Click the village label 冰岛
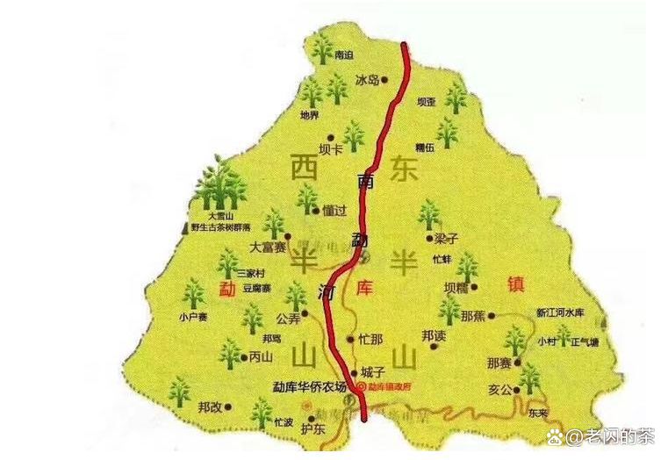pos(367,80)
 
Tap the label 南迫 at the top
pos(344,54)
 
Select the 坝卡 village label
pos(331,149)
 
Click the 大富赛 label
pos(267,248)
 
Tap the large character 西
pos(305,166)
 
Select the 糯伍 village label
pos(426,148)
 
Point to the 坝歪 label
pos(426,102)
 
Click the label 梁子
pos(447,238)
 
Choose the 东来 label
pos(538,411)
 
